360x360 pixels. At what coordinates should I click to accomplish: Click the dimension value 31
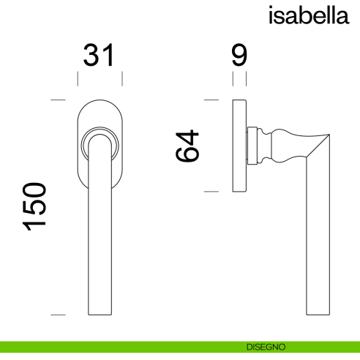(99, 56)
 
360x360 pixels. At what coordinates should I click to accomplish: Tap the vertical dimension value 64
(187, 146)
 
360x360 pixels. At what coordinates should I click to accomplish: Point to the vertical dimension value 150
(36, 207)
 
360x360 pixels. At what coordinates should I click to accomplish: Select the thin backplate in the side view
(239, 145)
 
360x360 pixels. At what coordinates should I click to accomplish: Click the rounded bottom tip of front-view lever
(99, 312)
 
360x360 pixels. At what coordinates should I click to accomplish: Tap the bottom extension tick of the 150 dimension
(58, 315)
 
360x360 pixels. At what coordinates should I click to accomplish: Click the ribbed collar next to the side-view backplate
(253, 145)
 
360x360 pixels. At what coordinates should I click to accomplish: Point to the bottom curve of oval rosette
(99, 190)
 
